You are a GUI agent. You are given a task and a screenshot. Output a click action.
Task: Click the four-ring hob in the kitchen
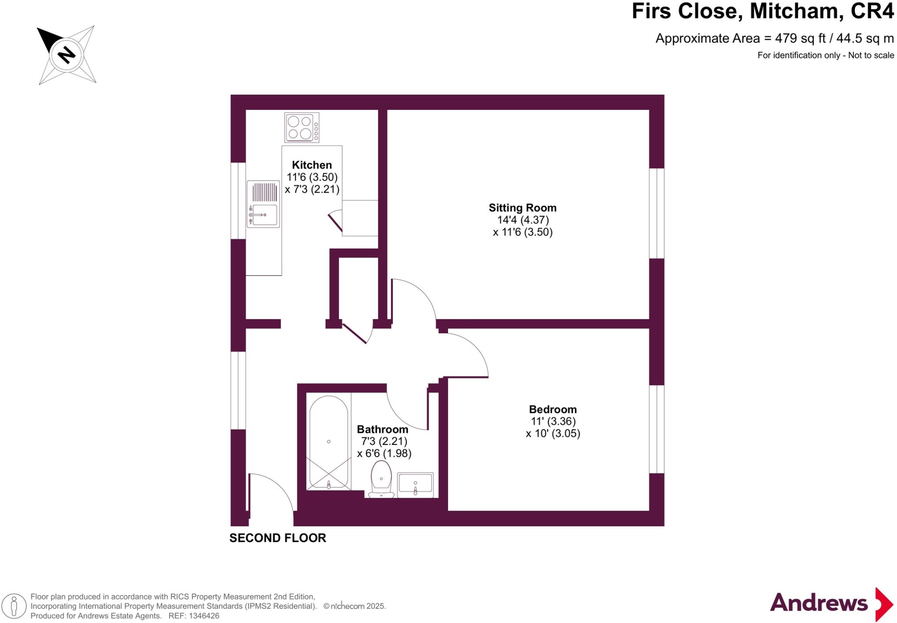pos(301,127)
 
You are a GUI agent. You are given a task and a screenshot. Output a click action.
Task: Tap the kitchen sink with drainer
pos(263,204)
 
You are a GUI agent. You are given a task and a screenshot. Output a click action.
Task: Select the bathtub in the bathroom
pos(328,442)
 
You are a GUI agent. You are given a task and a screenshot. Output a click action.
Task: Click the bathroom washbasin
pos(415,484)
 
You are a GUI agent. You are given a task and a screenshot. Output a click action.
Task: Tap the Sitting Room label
pos(523,208)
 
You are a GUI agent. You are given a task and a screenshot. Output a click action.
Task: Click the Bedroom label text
pos(553,409)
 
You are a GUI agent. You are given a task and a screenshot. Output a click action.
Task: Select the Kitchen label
pos(312,165)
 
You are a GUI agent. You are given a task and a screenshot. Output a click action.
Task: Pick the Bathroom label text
pos(382,429)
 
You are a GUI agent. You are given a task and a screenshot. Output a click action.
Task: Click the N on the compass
pos(67,55)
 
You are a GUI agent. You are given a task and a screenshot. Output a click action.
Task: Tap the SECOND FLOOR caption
pos(278,538)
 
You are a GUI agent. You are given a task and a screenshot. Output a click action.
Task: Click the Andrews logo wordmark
pos(819,603)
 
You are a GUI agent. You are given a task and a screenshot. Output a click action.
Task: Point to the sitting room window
pos(657,213)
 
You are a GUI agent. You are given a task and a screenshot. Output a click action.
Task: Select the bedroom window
pos(657,429)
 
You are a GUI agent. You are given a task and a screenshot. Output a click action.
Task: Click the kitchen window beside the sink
pos(238,201)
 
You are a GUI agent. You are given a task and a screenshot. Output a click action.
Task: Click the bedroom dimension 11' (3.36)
pos(553,421)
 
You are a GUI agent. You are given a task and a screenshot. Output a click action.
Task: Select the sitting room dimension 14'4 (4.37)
pos(523,220)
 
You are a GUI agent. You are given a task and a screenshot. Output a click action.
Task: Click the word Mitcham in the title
pos(797,11)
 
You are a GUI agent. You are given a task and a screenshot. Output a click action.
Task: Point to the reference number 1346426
pos(204,616)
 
